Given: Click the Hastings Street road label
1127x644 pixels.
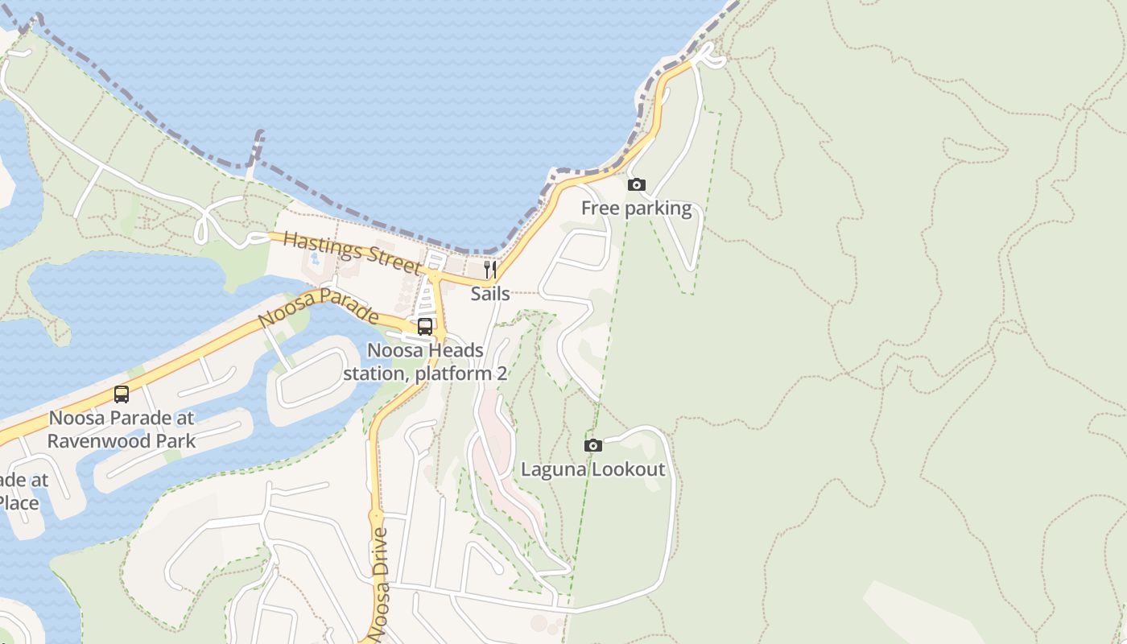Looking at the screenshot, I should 352,252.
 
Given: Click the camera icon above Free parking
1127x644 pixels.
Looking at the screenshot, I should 637,185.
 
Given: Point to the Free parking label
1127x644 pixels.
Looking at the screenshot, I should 636,208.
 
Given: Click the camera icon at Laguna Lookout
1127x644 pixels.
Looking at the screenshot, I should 593,445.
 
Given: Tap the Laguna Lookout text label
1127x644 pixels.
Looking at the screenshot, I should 593,469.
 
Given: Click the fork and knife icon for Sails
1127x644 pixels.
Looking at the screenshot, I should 489,269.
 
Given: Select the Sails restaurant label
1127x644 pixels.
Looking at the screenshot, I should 490,294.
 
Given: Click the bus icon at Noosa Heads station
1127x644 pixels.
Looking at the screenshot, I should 425,327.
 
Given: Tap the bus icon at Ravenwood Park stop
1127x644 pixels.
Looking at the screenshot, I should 122,394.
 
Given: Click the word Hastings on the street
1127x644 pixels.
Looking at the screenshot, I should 321,245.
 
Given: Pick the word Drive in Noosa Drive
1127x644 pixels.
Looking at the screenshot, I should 381,553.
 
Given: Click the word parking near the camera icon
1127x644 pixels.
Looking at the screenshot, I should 658,208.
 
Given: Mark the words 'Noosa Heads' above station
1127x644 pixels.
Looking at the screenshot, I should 425,351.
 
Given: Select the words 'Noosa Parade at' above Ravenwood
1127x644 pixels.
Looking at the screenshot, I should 122,419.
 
